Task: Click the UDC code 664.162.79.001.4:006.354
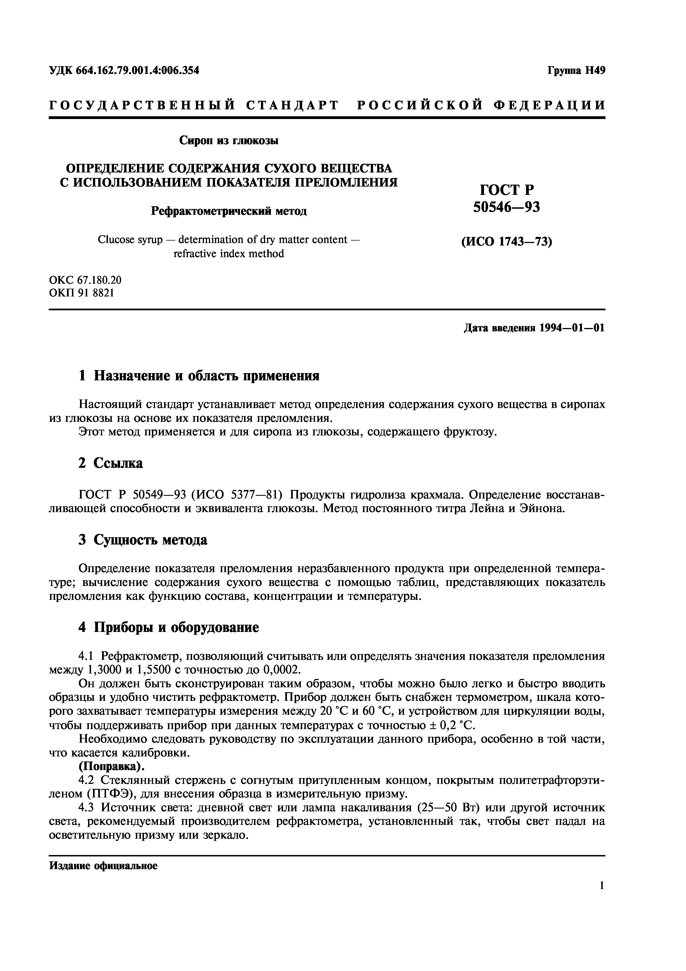click(137, 71)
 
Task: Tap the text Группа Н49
click(576, 71)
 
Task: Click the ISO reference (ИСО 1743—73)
click(506, 242)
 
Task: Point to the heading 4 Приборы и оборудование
click(169, 627)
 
